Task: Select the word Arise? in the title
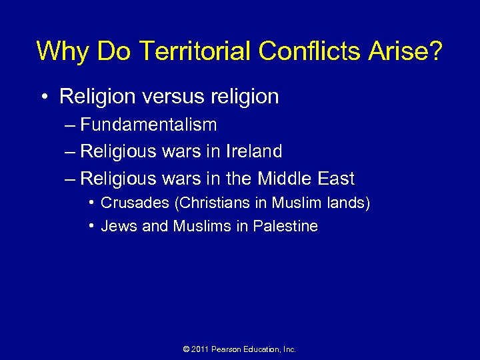(x=409, y=51)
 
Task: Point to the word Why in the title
(x=59, y=51)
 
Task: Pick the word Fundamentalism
(x=148, y=125)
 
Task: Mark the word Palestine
(x=285, y=226)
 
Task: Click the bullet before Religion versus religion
(x=43, y=97)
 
